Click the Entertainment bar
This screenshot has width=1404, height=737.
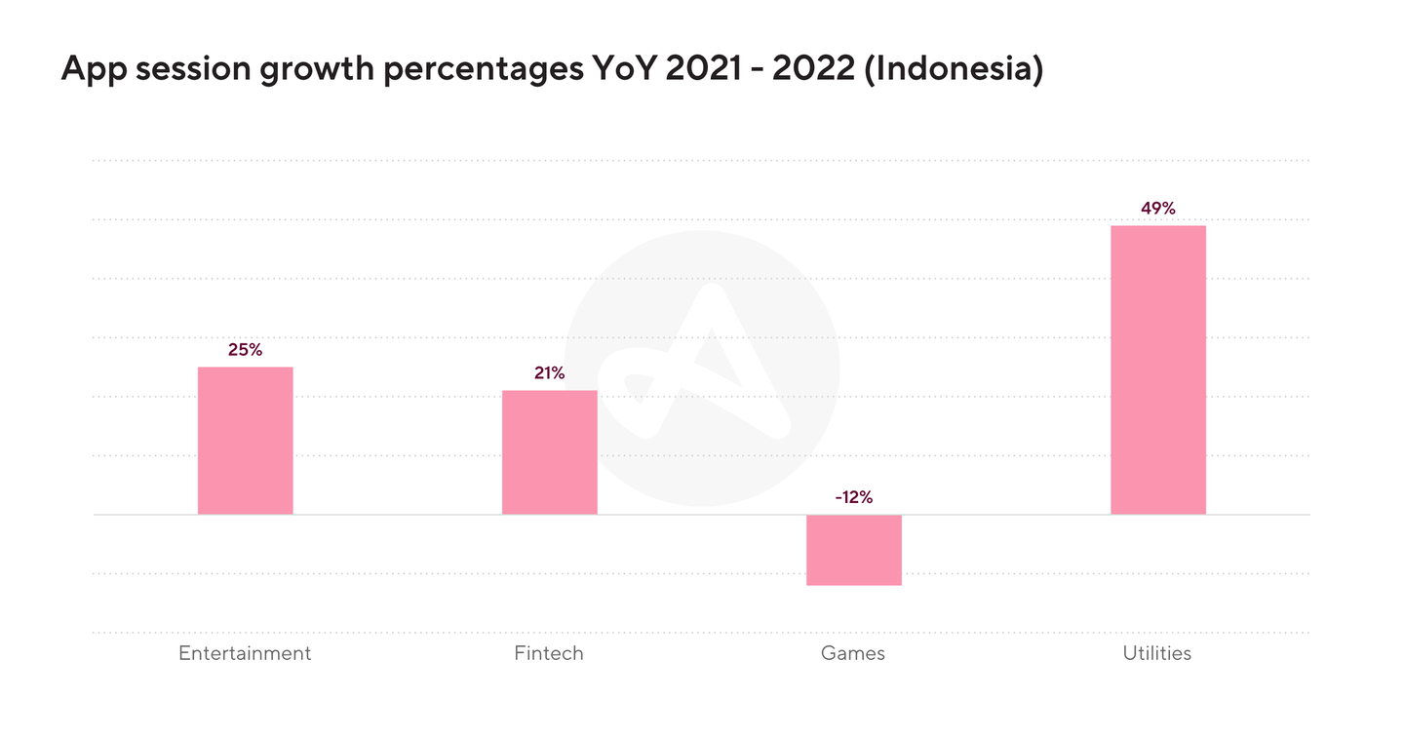coord(245,441)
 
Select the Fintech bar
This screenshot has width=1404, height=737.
coord(549,452)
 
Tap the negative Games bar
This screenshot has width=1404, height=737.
coord(853,550)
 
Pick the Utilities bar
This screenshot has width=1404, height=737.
coord(1158,370)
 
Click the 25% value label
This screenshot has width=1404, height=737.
coord(245,350)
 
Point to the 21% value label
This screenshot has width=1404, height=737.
coord(549,373)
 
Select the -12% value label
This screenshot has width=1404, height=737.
coord(853,497)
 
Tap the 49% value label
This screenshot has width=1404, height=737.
coord(1158,208)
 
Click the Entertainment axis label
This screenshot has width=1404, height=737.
coord(245,653)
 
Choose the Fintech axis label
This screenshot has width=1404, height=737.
coord(549,653)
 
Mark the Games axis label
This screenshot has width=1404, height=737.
coord(853,653)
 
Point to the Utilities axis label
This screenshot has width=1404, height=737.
coord(1157,653)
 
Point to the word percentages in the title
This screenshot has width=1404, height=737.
coord(456,71)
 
